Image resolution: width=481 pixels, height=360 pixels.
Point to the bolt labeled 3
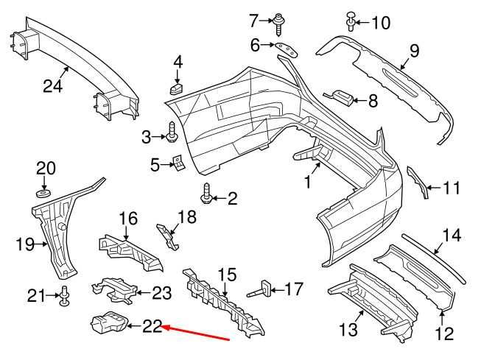(172, 133)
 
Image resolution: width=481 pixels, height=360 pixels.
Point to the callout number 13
(349, 326)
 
